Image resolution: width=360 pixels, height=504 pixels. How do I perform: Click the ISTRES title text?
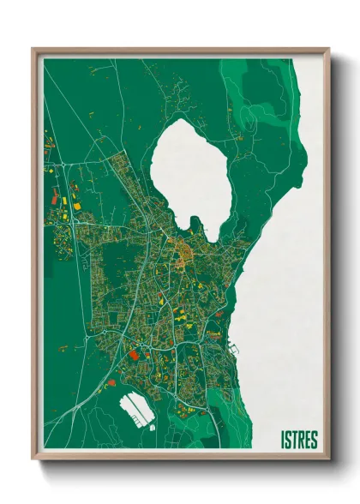point(298,441)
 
